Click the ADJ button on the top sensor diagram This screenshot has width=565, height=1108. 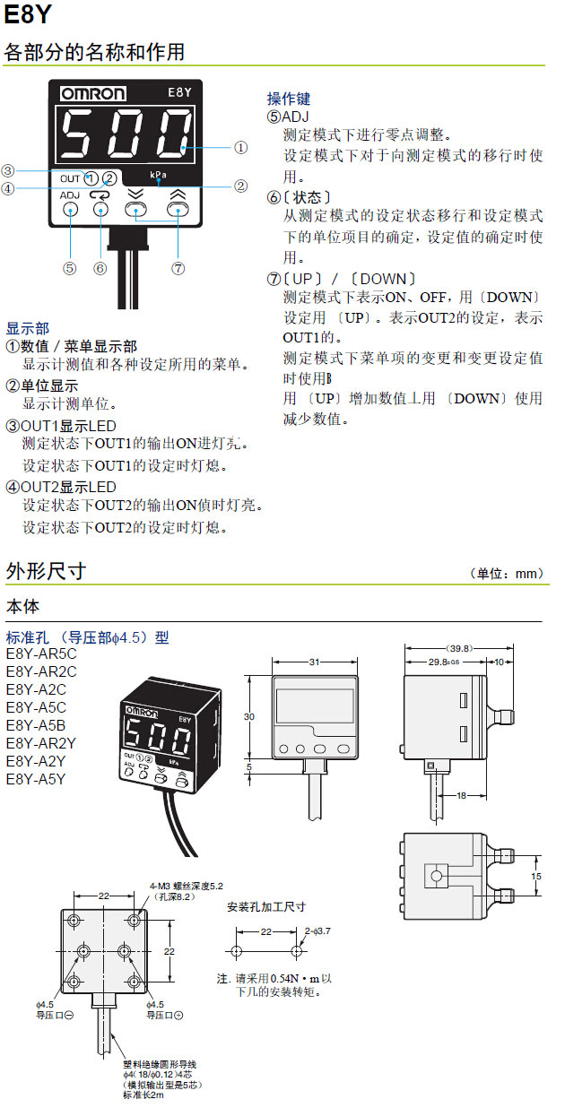tap(70, 209)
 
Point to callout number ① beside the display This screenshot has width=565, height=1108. tap(240, 146)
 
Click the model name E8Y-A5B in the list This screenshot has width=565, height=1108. tap(36, 724)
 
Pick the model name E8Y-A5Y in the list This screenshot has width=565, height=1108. tap(36, 778)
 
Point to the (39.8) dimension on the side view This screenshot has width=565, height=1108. tap(459, 648)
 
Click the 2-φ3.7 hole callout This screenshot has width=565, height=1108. tap(317, 931)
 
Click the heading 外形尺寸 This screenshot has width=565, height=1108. tap(46, 571)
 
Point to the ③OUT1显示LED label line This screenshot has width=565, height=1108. tap(61, 425)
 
